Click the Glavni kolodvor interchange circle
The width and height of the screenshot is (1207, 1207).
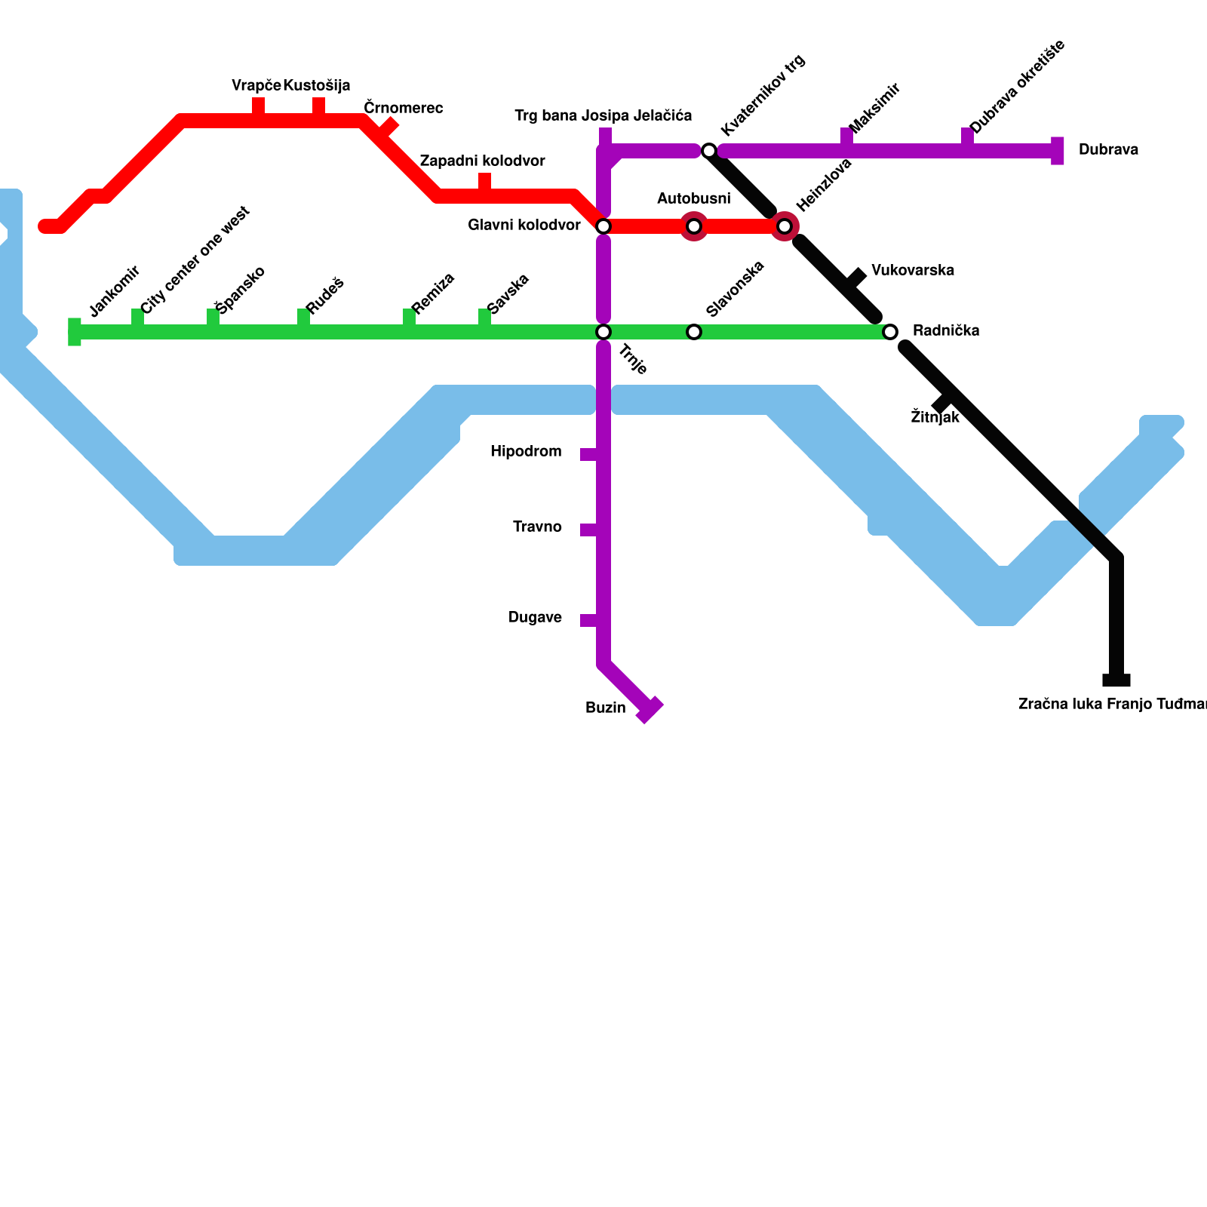[x=603, y=226]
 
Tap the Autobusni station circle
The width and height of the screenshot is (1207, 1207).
[x=694, y=226]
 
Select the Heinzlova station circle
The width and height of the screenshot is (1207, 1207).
[x=785, y=226]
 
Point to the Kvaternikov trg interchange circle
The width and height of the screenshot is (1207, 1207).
[x=709, y=151]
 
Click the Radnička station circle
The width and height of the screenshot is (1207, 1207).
[x=890, y=332]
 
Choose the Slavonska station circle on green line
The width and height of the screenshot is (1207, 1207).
[x=694, y=332]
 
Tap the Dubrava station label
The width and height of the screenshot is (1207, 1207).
[x=1107, y=150]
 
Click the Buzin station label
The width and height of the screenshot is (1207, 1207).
[x=605, y=708]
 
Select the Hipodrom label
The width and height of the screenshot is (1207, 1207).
[x=526, y=452]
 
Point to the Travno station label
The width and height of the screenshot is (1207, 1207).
[x=537, y=527]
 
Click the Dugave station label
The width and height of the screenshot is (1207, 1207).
[x=535, y=618]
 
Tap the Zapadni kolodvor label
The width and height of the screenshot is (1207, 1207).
[x=482, y=161]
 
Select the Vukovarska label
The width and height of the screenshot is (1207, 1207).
[x=912, y=271]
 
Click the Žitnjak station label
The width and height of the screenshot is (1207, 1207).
[x=935, y=417]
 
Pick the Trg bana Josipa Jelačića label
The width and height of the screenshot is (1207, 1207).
[x=603, y=116]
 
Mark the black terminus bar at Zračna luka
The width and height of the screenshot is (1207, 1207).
[x=1116, y=681]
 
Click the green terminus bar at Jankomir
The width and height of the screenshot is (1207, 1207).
[x=75, y=332]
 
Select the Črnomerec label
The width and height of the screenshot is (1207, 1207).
[x=403, y=109]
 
